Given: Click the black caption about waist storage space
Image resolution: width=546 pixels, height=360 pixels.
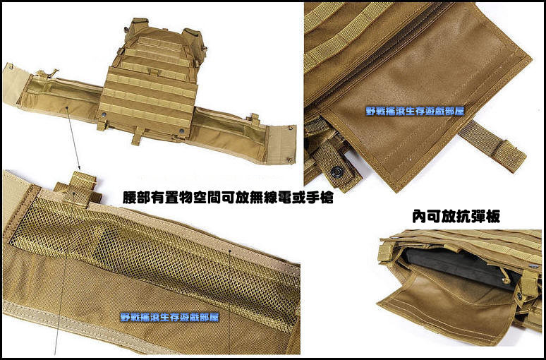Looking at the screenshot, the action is tap(228, 198).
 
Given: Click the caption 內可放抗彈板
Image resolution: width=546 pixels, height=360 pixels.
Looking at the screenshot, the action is tap(456, 216).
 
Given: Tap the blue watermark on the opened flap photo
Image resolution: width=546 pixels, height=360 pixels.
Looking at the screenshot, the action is tap(415, 111).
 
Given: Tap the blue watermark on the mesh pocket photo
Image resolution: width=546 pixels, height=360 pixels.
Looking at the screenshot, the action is tap(169, 317).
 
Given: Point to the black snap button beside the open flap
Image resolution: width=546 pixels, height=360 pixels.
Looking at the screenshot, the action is tap(337, 171).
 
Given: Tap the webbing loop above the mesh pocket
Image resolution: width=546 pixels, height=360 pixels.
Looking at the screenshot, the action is tap(78, 188).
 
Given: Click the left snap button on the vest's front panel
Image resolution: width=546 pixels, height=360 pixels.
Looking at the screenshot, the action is tap(104, 114).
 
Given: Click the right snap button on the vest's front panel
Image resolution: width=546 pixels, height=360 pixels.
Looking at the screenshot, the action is tap(181, 131).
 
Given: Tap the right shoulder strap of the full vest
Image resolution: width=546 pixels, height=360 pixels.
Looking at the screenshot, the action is tap(194, 38).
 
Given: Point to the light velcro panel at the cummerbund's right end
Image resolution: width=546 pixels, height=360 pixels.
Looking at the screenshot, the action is tap(282, 144).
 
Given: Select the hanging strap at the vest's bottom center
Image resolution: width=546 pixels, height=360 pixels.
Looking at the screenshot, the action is tap(138, 136).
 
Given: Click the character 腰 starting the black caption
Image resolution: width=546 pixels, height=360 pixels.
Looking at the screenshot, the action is tap(129, 198).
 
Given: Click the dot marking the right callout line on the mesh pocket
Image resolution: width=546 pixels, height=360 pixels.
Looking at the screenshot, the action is tap(230, 251).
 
